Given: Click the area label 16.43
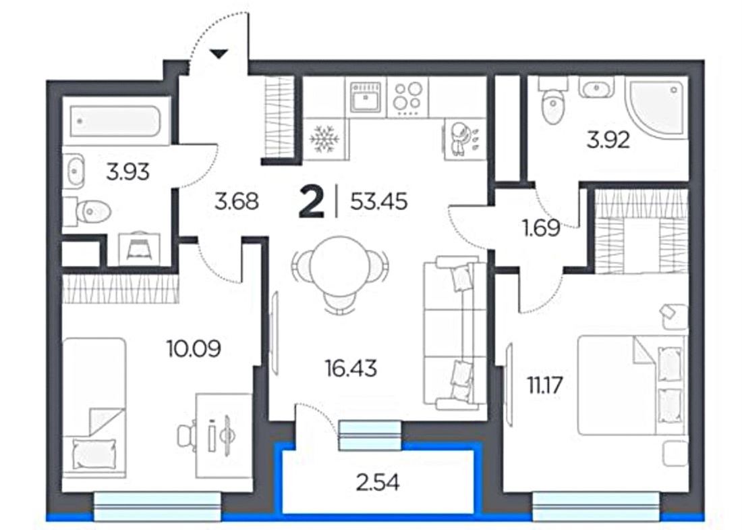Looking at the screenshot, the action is click(351, 368).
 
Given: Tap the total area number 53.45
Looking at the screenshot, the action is click(378, 203).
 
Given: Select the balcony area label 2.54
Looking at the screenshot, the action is click(378, 483).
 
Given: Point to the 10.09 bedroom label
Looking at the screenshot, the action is click(194, 349).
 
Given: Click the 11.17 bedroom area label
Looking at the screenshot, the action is click(544, 386).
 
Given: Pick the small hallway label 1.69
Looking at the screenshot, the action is click(542, 228).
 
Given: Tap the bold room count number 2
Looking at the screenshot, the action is click(312, 203).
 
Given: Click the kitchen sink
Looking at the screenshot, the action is click(366, 98).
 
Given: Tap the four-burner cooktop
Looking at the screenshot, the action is click(407, 98).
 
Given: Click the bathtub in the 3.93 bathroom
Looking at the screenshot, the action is click(115, 121).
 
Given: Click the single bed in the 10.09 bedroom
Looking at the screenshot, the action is click(94, 408).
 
